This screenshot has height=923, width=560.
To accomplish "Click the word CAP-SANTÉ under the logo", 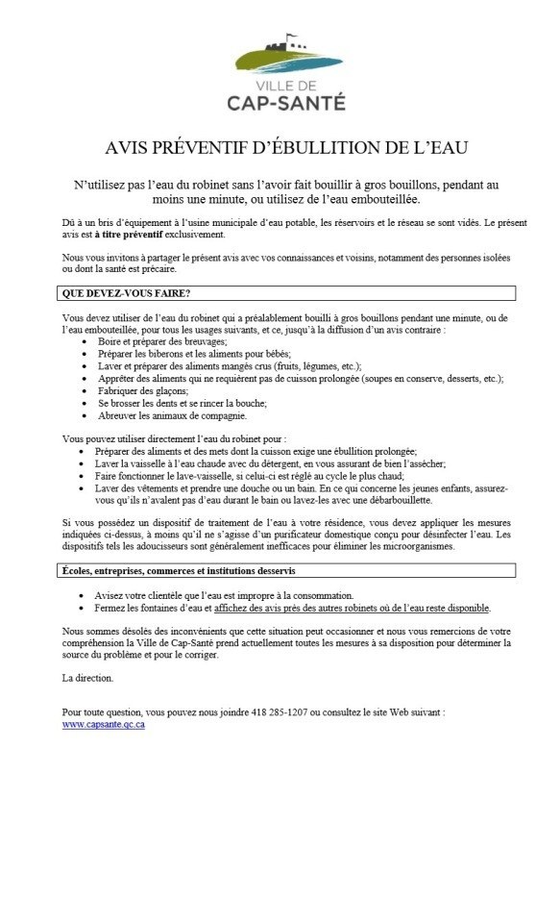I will pos(287,102).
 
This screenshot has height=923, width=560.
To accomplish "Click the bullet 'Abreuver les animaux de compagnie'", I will pos(172,415).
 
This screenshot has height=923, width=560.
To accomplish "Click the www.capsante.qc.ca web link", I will pos(103,726).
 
